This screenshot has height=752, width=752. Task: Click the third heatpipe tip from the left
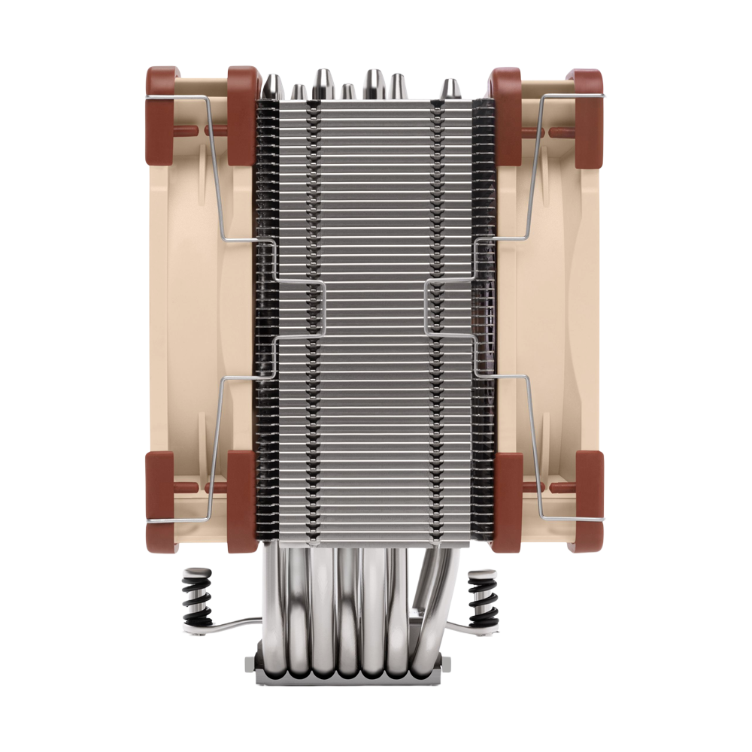coord(323,83)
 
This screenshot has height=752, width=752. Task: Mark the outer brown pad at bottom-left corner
coord(160,500)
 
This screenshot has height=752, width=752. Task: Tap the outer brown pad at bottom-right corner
coord(587,500)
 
